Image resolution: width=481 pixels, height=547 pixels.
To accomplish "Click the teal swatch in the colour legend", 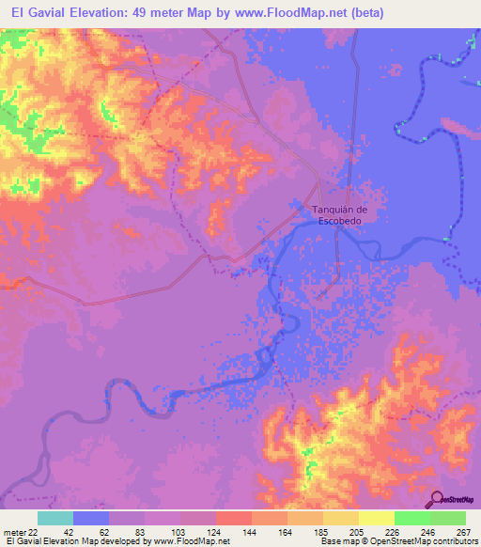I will click(x=55, y=519).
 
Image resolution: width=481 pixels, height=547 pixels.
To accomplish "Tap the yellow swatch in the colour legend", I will click(x=376, y=519).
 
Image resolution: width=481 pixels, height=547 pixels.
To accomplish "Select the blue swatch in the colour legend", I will click(x=91, y=519).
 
